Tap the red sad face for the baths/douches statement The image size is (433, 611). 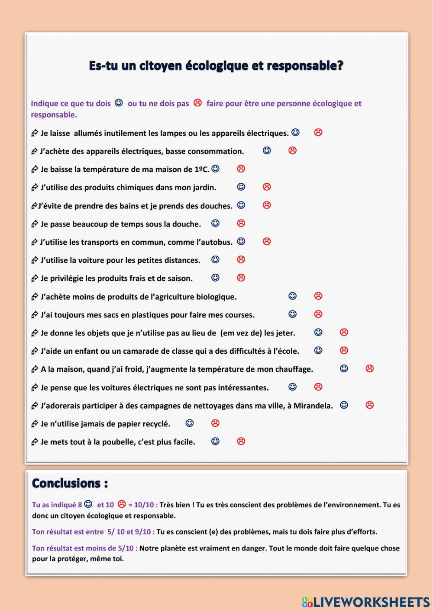(267, 205)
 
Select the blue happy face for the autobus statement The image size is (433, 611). (241, 241)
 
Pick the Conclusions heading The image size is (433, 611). (70, 483)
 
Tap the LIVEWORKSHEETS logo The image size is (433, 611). (366, 601)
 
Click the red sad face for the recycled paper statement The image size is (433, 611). (215, 423)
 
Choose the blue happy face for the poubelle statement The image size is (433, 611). (215, 441)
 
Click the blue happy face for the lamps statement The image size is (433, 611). (295, 132)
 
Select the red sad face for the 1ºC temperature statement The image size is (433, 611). (241, 169)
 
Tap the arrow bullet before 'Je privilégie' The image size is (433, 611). (35, 278)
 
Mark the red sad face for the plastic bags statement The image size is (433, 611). (318, 314)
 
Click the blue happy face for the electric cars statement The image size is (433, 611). (293, 387)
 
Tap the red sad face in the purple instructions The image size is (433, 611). (197, 103)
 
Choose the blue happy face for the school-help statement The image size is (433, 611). (318, 350)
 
